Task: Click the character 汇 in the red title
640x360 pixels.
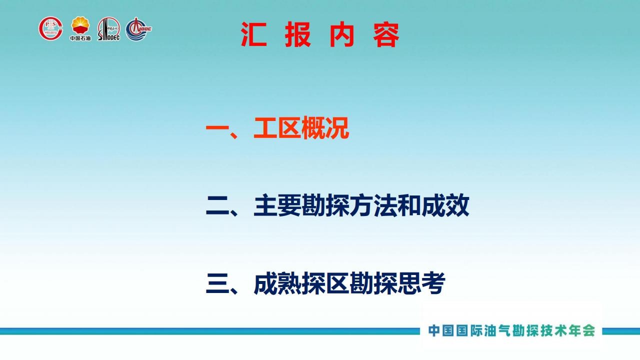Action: (x=253, y=34)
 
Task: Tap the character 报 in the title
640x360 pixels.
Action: (x=297, y=34)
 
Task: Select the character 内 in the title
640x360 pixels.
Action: (x=341, y=34)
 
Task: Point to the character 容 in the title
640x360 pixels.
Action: (x=386, y=34)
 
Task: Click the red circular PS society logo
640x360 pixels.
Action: (x=51, y=28)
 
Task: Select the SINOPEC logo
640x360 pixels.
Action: (x=109, y=29)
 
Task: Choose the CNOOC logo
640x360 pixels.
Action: (x=138, y=29)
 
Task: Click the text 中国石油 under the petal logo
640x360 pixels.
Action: (x=80, y=38)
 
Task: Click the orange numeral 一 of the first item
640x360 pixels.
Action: (x=217, y=127)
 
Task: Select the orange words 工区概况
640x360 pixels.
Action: (x=301, y=127)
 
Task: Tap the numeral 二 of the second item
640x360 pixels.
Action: (x=217, y=205)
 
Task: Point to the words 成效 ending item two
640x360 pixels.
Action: (x=445, y=205)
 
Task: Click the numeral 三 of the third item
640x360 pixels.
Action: (x=217, y=283)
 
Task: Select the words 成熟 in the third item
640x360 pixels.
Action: (x=277, y=283)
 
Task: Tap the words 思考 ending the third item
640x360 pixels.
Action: (x=421, y=283)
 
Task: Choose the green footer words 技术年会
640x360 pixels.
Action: (x=567, y=330)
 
